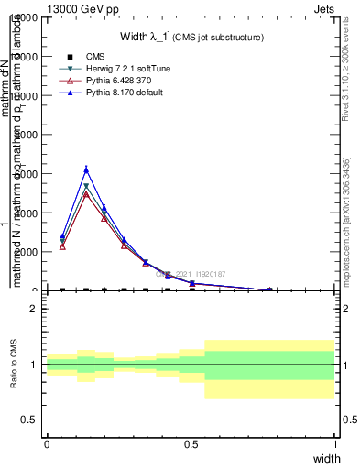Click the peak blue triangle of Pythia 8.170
86,169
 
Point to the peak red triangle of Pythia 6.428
86,194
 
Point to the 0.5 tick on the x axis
191,442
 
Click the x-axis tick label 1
335,442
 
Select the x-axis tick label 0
47,442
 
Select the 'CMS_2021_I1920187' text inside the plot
191,273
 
